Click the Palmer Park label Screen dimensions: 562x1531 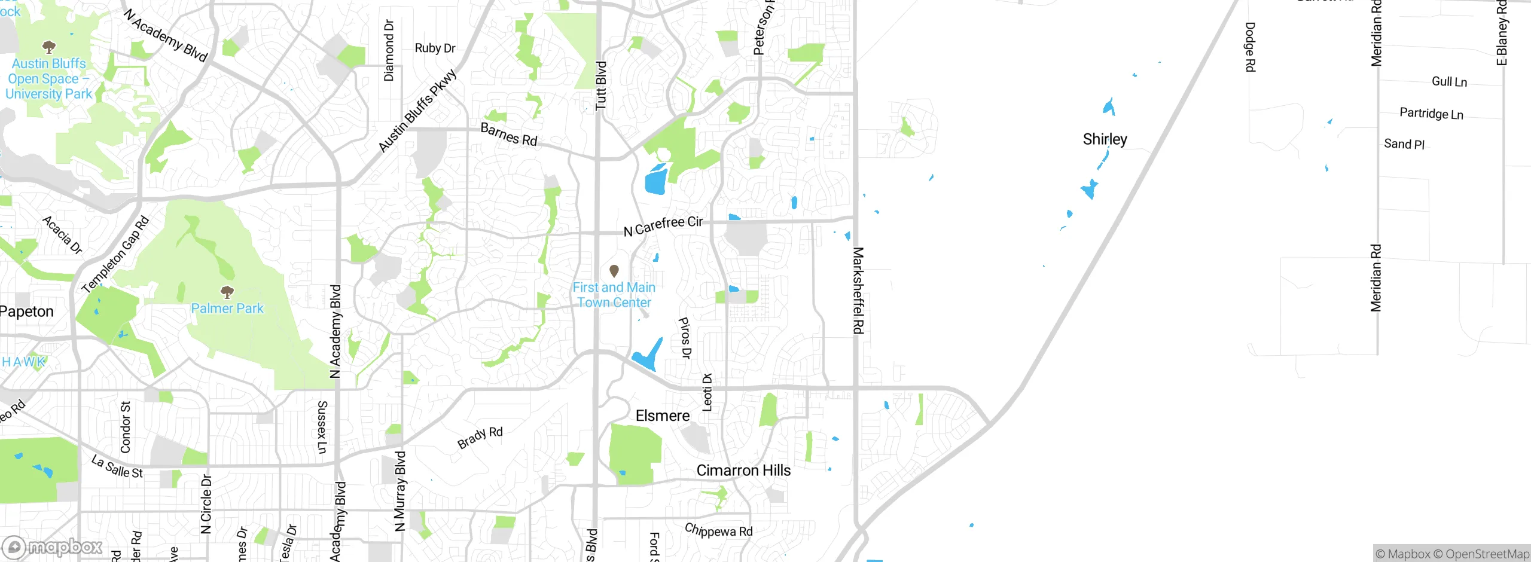point(227,309)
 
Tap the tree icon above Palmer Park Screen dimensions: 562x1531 point(227,292)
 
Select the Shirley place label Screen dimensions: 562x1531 point(1105,139)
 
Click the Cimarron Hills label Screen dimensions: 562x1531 point(743,471)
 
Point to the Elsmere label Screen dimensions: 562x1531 point(663,416)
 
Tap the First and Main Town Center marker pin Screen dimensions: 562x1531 point(614,271)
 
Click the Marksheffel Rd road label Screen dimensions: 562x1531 point(858,291)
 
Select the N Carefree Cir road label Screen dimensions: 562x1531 point(663,225)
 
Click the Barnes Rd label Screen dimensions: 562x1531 point(509,135)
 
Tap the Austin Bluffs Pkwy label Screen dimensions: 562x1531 point(417,111)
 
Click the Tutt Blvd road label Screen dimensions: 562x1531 point(601,85)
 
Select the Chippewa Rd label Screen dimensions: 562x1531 point(718,530)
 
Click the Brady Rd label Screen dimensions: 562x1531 point(480,437)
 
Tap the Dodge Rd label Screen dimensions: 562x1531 point(1250,47)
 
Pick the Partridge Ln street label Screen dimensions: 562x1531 point(1431,114)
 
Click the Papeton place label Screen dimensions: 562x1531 point(27,311)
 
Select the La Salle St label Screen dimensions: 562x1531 point(117,466)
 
